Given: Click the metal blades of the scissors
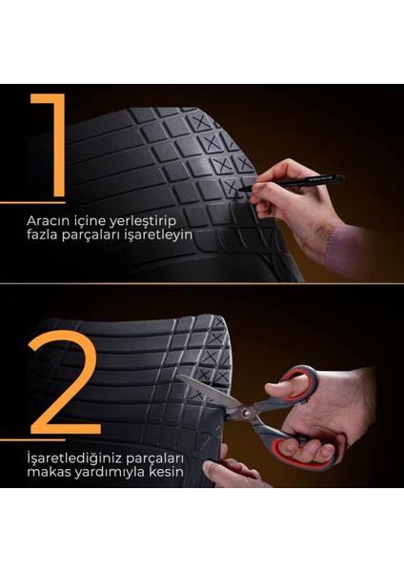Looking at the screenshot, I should (x=210, y=394).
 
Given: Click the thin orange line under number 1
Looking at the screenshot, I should (x=19, y=202).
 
